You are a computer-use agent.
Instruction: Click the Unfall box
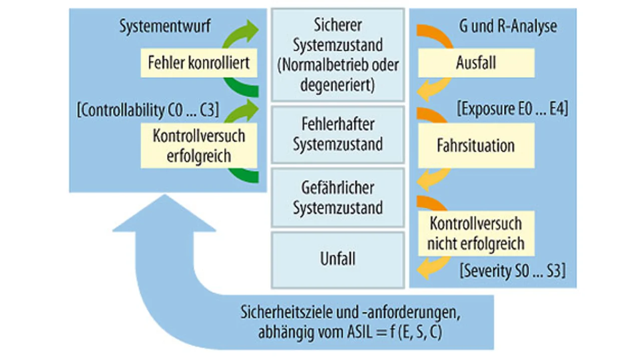pyautogui.click(x=338, y=259)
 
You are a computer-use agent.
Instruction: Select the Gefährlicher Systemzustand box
pyautogui.click(x=338, y=198)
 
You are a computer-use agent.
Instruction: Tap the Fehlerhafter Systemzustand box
pyautogui.click(x=338, y=134)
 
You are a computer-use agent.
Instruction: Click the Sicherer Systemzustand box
pyautogui.click(x=338, y=55)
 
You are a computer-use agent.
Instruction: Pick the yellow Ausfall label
pyautogui.click(x=476, y=64)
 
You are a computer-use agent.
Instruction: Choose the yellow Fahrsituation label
pyautogui.click(x=476, y=146)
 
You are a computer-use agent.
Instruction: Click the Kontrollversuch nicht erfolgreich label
pyautogui.click(x=476, y=233)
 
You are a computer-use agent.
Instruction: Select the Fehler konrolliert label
pyautogui.click(x=199, y=63)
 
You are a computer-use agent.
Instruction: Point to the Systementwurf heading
pyautogui.click(x=165, y=27)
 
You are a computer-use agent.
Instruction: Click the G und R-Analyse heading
pyautogui.click(x=508, y=27)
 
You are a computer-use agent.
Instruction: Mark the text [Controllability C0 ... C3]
pyautogui.click(x=148, y=110)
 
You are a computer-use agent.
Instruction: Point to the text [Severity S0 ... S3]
pyautogui.click(x=512, y=272)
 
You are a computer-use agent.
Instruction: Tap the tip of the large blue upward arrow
pyautogui.click(x=164, y=196)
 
